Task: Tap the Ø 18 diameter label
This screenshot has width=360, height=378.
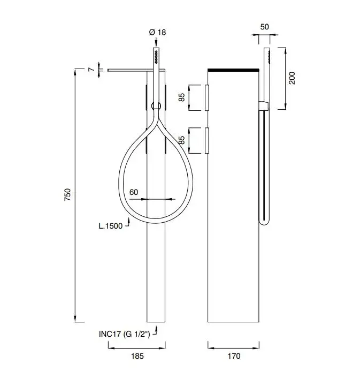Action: (157, 33)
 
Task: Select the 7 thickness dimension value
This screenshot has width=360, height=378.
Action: (92, 70)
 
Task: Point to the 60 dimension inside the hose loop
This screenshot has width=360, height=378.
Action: (134, 192)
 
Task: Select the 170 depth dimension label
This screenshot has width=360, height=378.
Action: (234, 356)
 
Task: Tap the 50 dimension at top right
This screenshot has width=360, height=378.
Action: (265, 26)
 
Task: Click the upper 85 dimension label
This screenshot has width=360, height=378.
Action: (182, 97)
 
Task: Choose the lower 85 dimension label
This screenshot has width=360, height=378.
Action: (182, 141)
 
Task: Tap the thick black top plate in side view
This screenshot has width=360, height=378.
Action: (234, 70)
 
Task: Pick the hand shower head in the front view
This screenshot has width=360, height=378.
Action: (156, 56)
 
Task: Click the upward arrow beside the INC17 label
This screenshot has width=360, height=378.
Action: (156, 328)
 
